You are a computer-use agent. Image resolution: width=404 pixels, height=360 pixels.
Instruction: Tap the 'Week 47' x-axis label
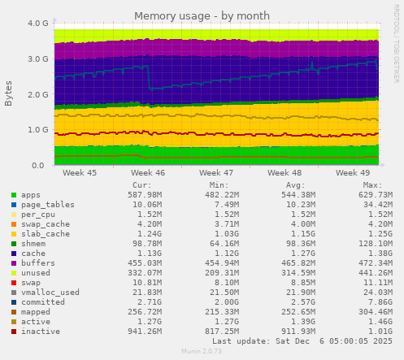tap(216, 173)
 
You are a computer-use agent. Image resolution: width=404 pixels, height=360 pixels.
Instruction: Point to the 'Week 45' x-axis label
tap(80, 173)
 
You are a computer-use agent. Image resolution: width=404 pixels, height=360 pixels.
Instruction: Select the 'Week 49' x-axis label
tap(353, 173)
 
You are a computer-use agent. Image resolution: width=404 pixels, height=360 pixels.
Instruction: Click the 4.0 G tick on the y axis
tap(37, 24)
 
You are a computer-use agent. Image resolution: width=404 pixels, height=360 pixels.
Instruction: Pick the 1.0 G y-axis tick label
tap(37, 130)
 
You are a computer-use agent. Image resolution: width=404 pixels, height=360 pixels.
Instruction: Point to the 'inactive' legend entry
tap(39, 332)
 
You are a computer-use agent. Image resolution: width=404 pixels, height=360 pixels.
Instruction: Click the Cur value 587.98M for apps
tap(145, 195)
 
